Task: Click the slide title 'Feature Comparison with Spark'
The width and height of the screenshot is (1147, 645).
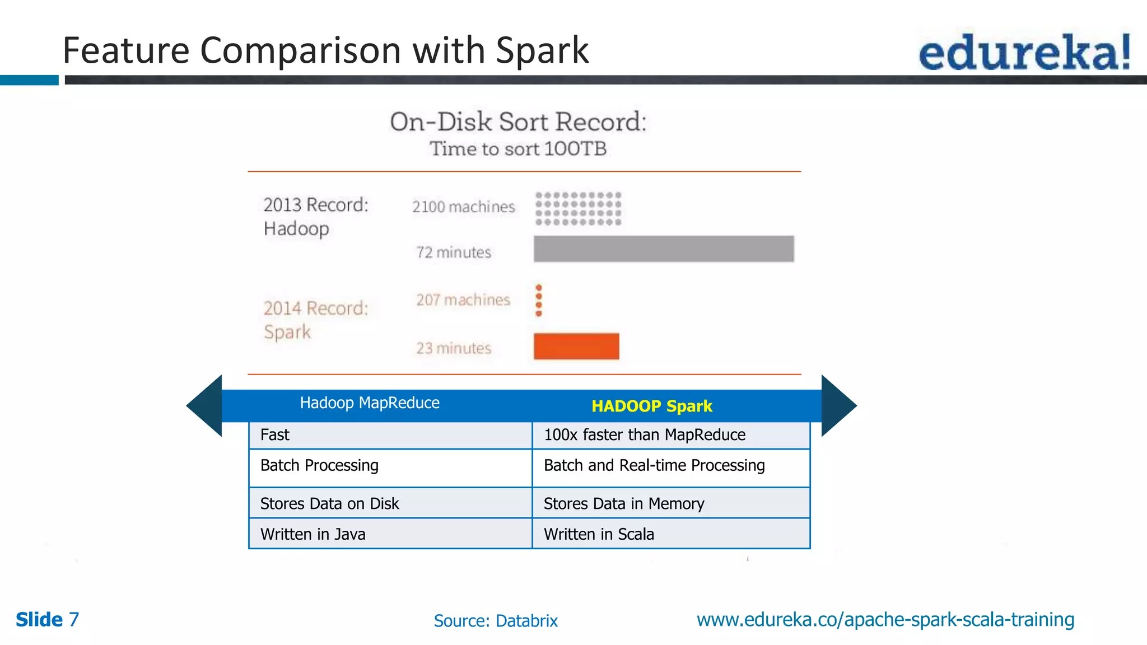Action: click(325, 50)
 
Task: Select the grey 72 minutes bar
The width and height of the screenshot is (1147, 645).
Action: click(663, 249)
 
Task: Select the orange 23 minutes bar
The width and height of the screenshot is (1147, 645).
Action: click(576, 346)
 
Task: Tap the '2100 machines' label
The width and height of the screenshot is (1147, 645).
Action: click(463, 207)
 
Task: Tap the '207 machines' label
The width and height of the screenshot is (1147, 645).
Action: click(463, 300)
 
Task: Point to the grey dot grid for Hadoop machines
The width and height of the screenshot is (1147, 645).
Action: click(578, 209)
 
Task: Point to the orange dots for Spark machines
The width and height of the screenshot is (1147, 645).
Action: click(539, 300)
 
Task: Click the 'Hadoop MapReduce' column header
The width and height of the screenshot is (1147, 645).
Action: click(370, 403)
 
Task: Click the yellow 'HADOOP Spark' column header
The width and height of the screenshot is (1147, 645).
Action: click(651, 406)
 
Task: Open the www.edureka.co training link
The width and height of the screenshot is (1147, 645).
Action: click(885, 620)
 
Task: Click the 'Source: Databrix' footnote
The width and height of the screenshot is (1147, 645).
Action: click(496, 621)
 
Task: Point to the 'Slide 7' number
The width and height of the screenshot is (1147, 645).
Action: click(47, 620)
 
